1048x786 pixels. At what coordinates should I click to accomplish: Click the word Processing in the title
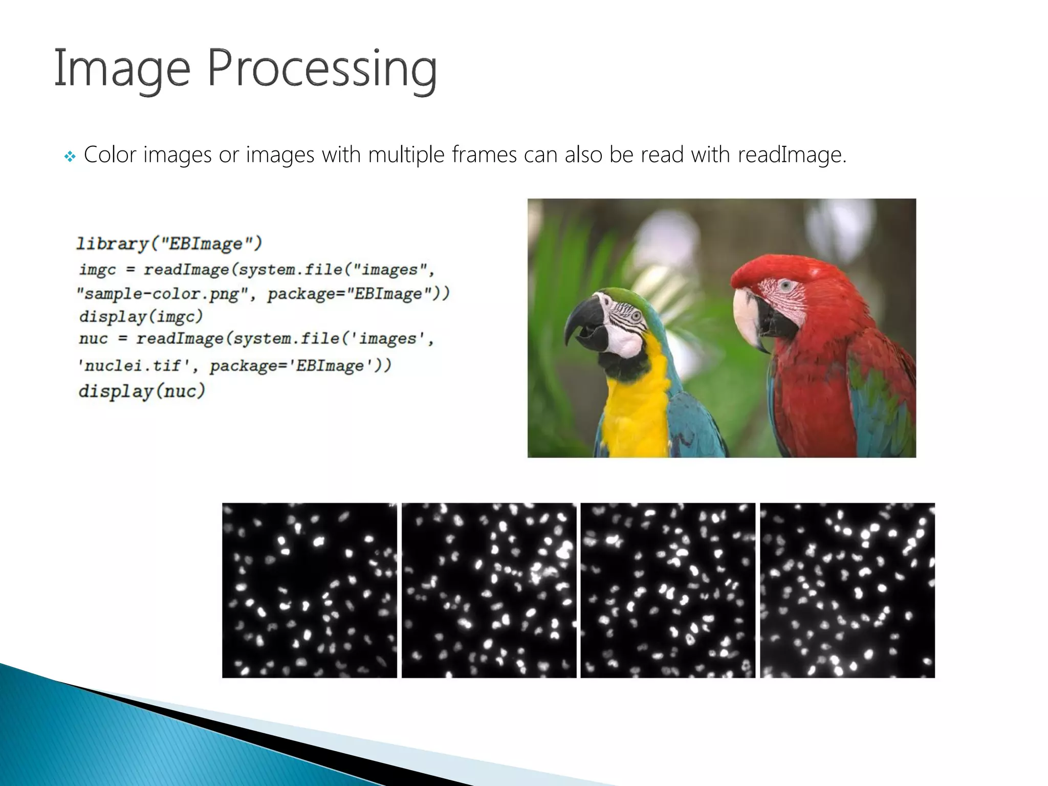point(322,69)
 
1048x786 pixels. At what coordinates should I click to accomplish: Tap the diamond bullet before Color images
point(70,156)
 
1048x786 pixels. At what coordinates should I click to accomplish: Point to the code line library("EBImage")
point(169,243)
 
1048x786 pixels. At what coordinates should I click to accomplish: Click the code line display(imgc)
point(141,316)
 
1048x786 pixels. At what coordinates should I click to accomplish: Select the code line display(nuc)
point(142,391)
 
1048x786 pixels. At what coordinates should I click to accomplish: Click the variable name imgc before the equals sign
point(98,269)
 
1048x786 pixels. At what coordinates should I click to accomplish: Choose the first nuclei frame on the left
point(309,590)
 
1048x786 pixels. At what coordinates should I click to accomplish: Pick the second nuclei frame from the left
point(489,590)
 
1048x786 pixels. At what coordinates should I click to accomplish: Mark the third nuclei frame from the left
point(668,590)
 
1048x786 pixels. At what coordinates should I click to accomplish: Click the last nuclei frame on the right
point(847,590)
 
